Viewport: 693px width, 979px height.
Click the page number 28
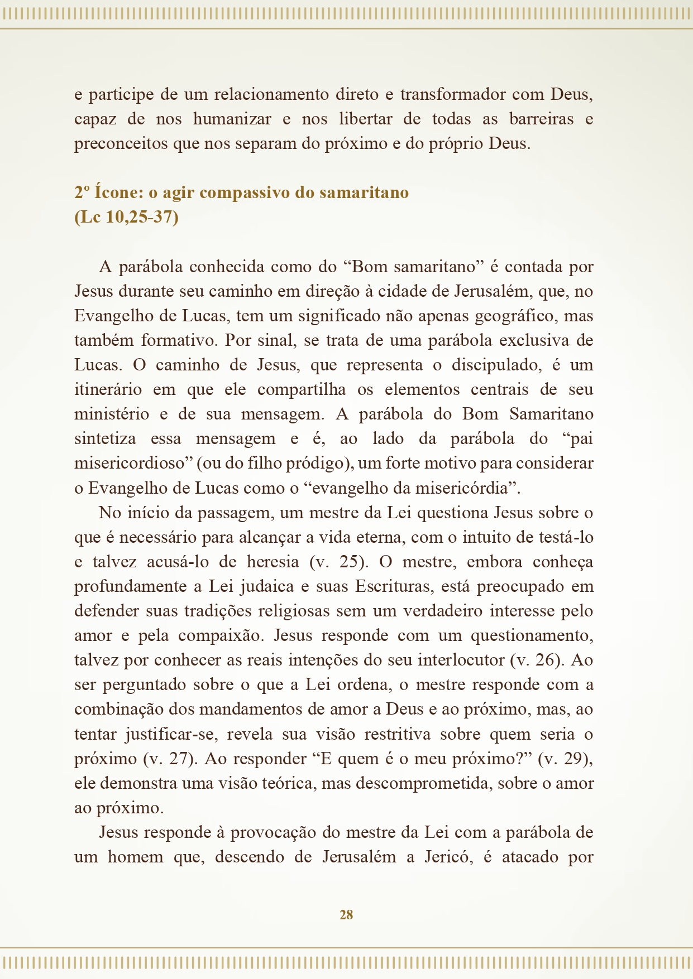[x=346, y=914]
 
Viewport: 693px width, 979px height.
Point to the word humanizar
[x=232, y=119]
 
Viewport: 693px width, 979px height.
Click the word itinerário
[x=107, y=389]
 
